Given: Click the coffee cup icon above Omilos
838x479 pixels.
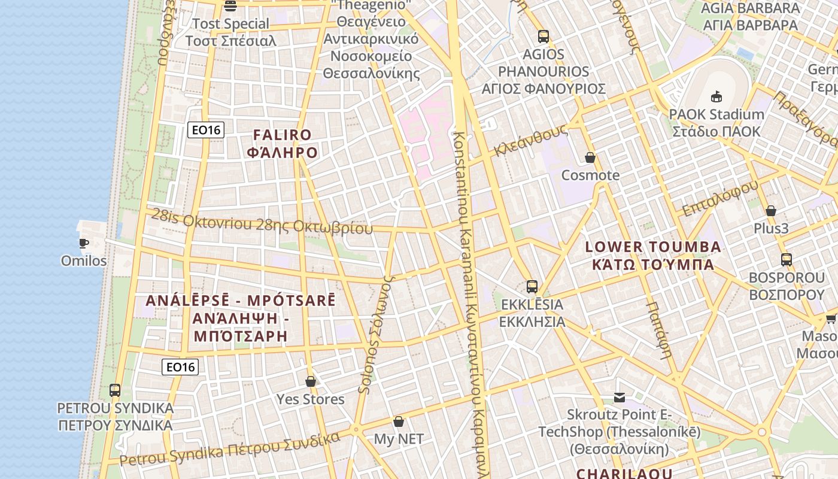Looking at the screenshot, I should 83,242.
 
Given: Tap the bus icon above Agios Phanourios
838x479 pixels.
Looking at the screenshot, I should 543,37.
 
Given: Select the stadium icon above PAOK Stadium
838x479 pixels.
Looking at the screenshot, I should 716,96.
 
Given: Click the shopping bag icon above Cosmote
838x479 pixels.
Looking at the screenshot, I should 590,157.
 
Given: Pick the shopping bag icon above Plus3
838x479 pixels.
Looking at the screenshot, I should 771,211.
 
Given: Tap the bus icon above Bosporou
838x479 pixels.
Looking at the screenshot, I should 787,260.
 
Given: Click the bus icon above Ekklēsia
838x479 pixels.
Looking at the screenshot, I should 532,287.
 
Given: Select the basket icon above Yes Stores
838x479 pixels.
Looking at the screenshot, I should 310,381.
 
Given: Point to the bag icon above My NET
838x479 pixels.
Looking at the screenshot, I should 399,422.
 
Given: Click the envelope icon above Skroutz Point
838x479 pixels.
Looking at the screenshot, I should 620,397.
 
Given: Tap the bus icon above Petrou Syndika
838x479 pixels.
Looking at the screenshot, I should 115,390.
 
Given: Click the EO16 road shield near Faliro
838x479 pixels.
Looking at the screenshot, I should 205,130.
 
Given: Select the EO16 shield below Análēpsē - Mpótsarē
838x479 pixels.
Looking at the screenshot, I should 180,367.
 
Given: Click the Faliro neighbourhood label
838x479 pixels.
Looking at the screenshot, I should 282,144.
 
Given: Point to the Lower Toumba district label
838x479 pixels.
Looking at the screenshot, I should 652,256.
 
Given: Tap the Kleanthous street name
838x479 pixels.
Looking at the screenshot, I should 530,141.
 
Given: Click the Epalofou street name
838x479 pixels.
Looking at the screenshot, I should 720,198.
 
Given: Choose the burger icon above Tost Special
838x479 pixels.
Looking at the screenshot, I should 230,6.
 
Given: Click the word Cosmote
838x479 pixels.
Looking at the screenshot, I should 590,175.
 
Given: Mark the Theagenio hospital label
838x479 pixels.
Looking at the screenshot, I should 372,39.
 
